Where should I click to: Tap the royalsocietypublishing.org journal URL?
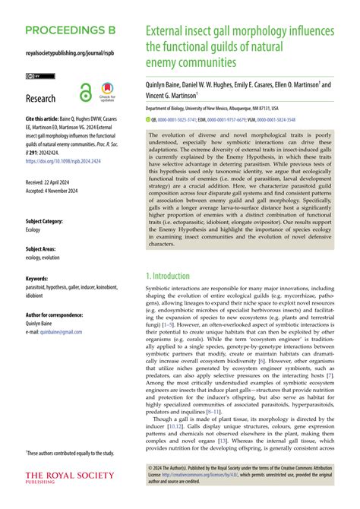(x=68, y=55)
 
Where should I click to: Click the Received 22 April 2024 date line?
(x=55, y=183)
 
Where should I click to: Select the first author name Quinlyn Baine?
(x=166, y=86)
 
